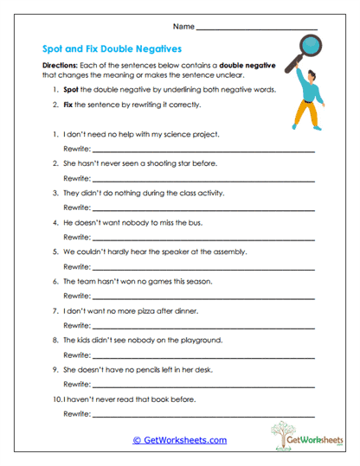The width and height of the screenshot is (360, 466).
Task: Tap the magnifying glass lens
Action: click(x=305, y=46)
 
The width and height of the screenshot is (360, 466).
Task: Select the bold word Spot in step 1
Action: click(x=70, y=90)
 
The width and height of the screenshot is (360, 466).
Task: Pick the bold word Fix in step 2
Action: click(x=67, y=105)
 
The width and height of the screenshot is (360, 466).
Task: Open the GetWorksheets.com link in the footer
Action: click(x=180, y=440)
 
